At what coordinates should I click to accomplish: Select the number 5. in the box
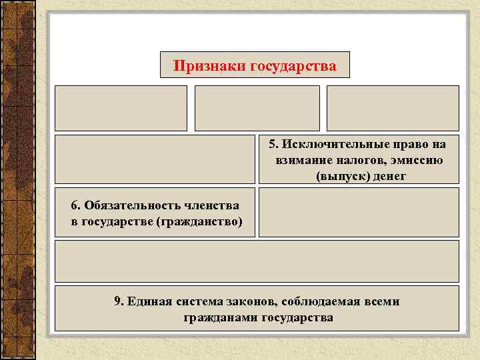coord(274,145)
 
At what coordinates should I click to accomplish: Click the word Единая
coord(148,301)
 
